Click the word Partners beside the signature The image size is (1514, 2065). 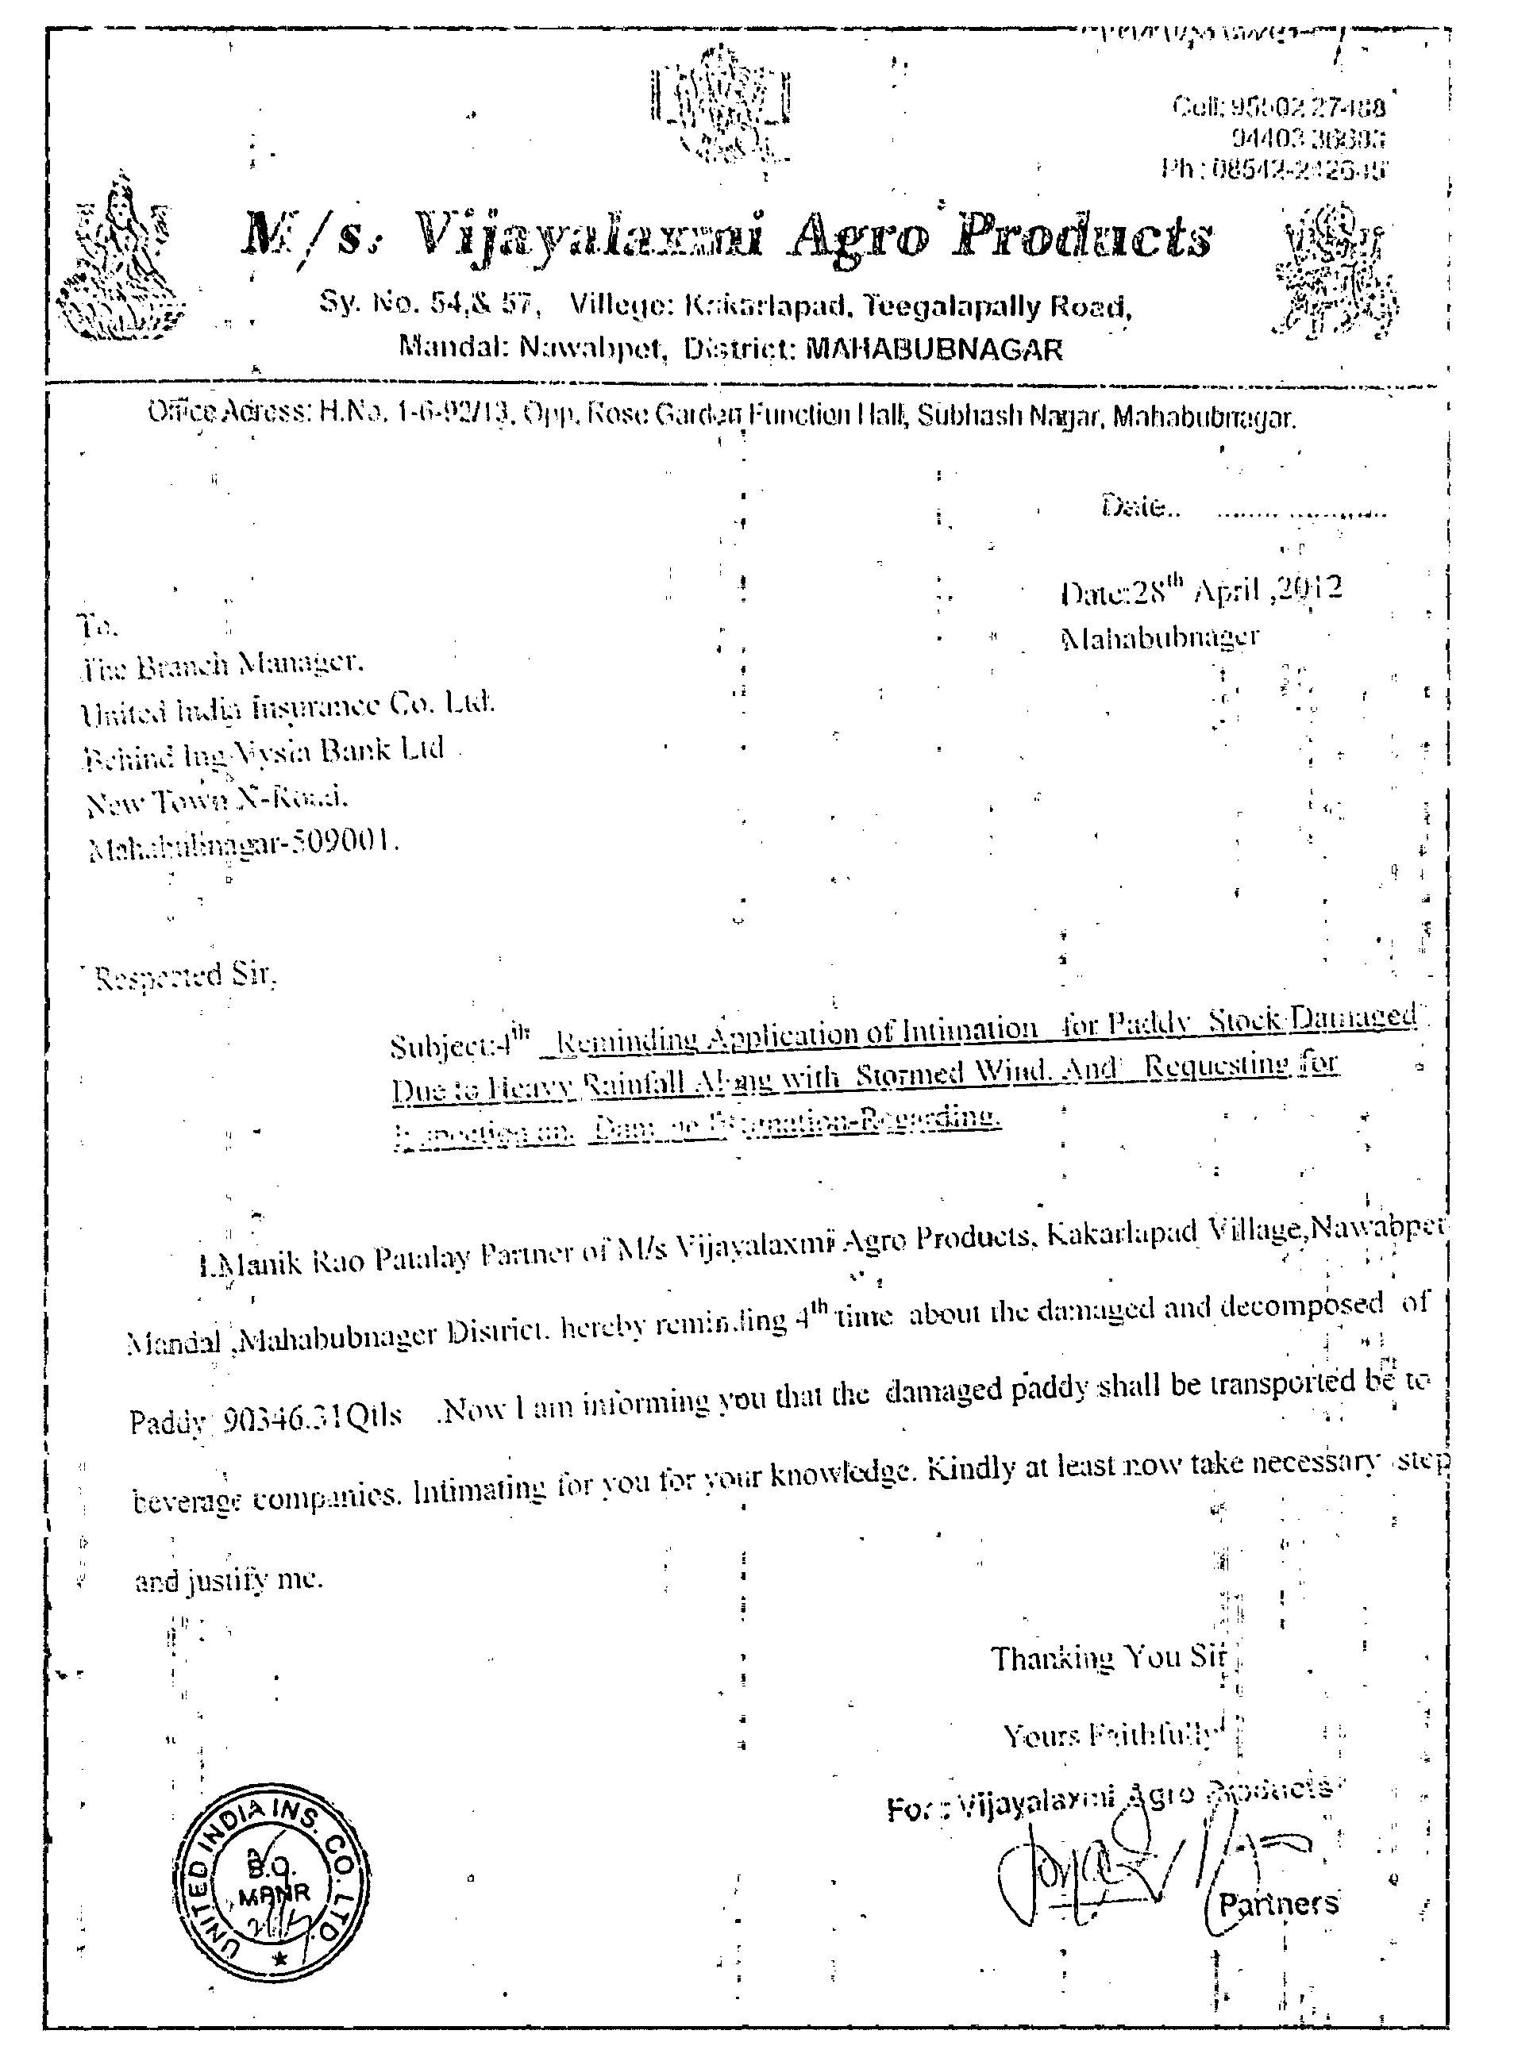coord(1277,1905)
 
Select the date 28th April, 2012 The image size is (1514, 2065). coord(1200,590)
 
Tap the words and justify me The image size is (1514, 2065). coord(229,1580)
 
